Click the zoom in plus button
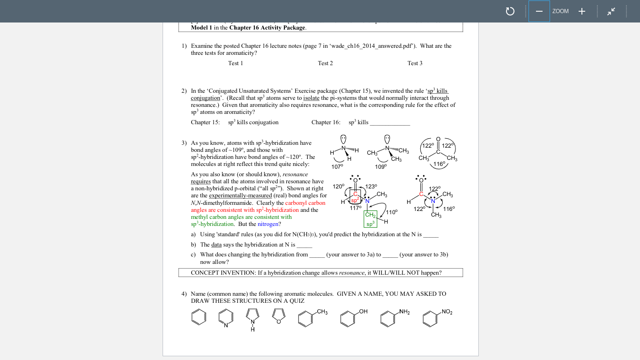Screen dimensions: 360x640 581,11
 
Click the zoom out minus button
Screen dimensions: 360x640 539,11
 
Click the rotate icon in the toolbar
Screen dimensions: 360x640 510,11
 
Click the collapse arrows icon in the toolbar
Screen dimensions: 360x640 611,11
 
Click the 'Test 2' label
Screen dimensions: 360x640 325,63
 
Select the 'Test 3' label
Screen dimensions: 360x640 415,63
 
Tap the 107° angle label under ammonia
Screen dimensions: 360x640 337,166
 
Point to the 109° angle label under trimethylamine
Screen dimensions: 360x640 381,166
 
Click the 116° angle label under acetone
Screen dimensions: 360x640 439,164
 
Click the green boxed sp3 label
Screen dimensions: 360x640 370,224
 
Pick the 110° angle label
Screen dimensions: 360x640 392,212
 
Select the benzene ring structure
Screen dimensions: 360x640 199,317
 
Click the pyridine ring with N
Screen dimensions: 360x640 225,318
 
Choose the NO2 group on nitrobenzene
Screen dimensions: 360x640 447,312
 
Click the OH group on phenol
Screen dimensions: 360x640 363,312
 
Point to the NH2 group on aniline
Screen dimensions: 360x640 404,312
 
